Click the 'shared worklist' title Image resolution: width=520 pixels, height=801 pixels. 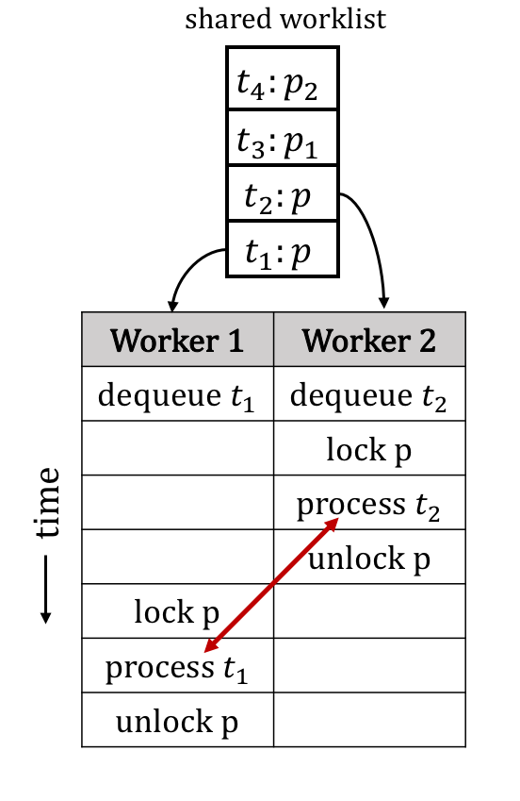point(285,20)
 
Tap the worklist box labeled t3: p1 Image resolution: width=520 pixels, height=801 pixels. point(282,139)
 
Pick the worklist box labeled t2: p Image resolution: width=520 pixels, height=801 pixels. point(282,194)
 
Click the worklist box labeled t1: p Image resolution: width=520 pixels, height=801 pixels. point(282,250)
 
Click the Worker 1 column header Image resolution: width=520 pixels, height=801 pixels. point(177,340)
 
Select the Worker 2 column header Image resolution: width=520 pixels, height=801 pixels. point(369,340)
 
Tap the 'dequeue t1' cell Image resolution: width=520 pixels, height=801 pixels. point(177,394)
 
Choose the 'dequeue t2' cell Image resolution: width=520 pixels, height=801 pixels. point(369,394)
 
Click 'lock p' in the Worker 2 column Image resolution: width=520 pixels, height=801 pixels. point(369,449)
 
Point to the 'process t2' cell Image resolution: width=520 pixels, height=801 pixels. point(369,504)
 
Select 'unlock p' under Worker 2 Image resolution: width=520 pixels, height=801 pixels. point(369,559)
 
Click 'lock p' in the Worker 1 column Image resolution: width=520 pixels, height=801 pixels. point(177,612)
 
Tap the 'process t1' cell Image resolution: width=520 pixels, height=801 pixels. point(177,667)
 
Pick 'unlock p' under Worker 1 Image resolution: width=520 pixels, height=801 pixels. point(177,722)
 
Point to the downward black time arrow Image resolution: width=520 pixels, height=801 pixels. point(46,590)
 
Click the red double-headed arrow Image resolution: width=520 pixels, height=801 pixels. point(271,584)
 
